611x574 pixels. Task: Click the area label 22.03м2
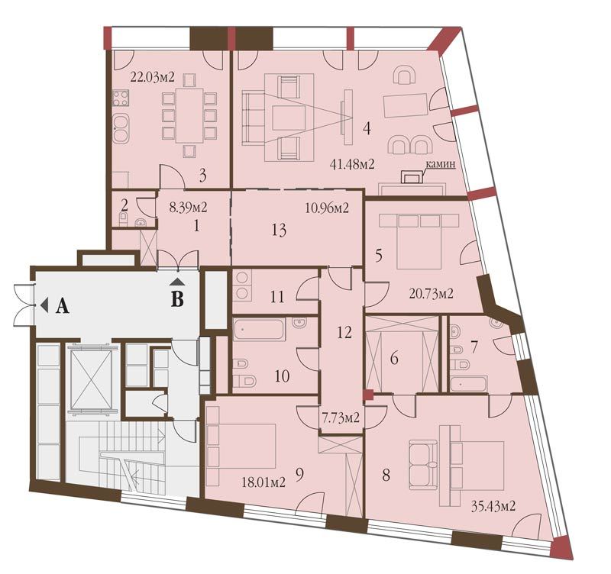coord(152,77)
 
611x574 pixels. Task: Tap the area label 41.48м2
coord(352,164)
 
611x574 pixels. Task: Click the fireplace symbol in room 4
coord(411,177)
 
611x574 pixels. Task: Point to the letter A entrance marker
coord(63,307)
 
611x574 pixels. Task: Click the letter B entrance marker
coord(177,300)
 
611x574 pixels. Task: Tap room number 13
coord(280,230)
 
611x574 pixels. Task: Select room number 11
coord(277,298)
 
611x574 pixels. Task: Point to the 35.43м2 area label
coord(493,506)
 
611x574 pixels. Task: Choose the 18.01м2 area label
coord(263,483)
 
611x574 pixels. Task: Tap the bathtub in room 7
coord(468,385)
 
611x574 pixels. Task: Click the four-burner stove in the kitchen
coord(121,98)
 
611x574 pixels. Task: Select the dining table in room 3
coord(189,116)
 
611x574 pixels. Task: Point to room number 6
coord(394,358)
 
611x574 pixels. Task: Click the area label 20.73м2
coord(431,293)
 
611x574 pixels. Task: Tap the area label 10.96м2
coord(327,208)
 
